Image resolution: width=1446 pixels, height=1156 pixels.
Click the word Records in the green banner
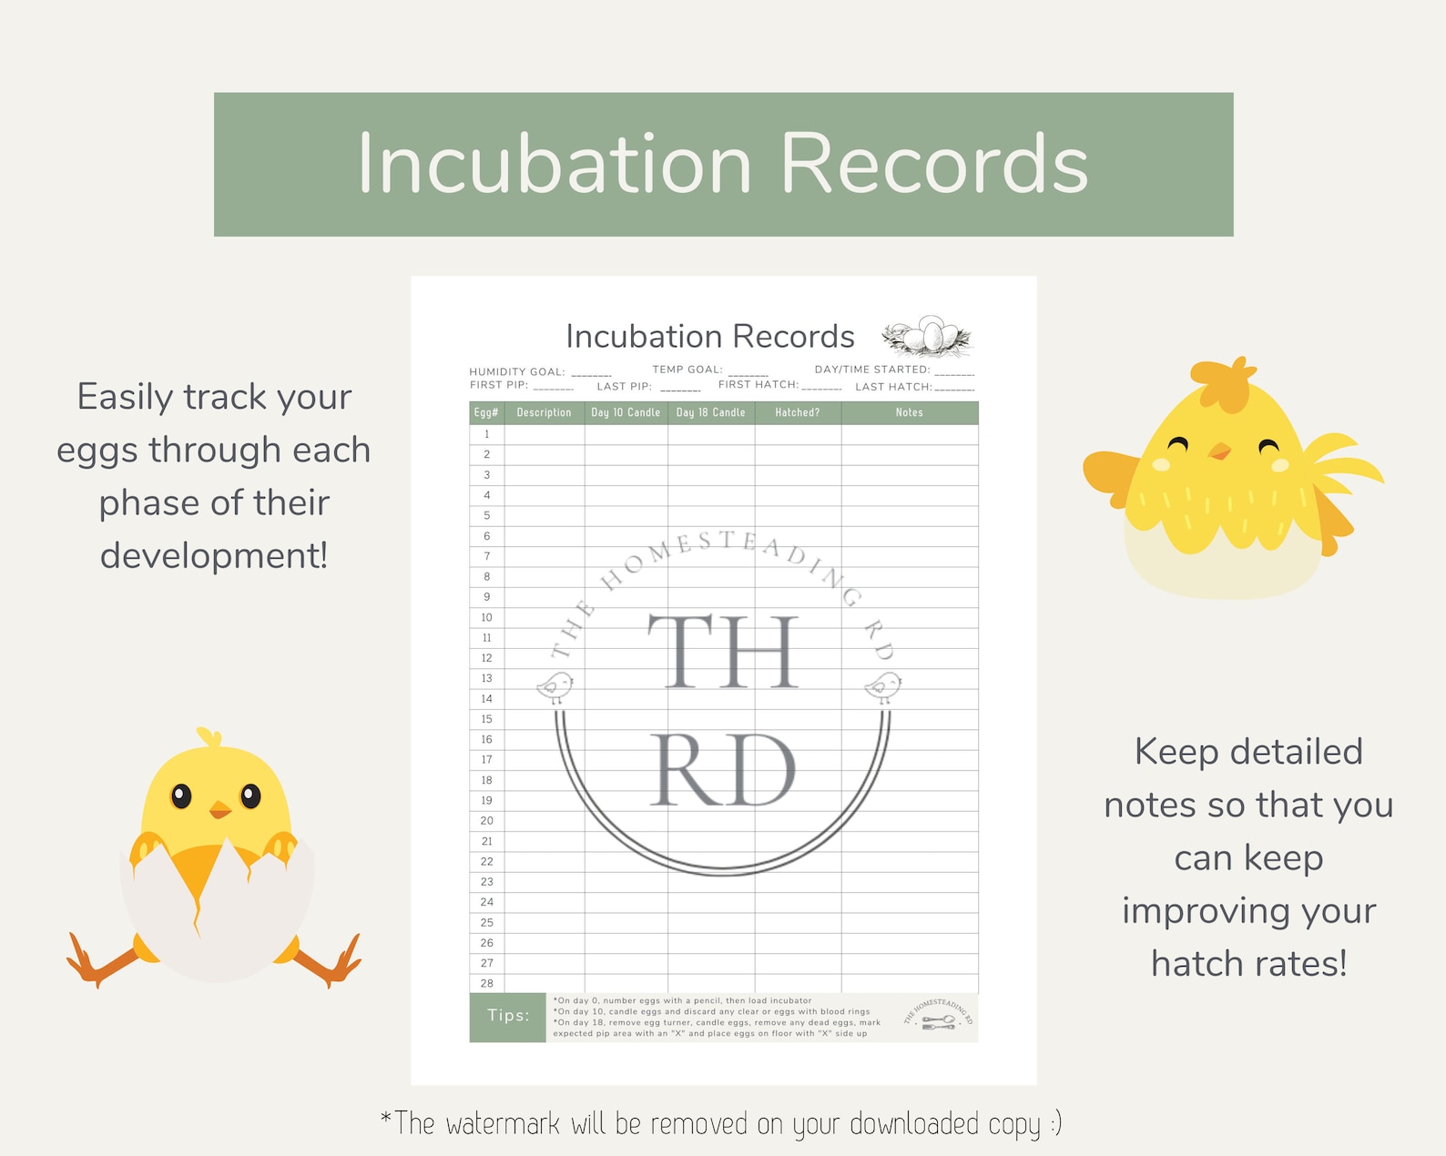[x=934, y=165]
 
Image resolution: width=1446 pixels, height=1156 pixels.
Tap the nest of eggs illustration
[x=927, y=337]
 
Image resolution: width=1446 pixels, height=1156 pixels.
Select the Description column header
[x=544, y=413]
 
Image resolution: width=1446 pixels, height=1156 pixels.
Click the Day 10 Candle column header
[x=626, y=413]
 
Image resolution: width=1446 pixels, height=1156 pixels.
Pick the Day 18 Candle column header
[x=710, y=413]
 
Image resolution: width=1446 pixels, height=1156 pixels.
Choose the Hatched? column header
[x=797, y=413]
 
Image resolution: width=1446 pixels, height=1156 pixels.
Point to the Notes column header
[x=909, y=413]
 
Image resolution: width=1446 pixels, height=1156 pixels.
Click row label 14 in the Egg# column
[x=486, y=699]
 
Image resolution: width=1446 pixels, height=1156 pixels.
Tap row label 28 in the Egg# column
[x=486, y=984]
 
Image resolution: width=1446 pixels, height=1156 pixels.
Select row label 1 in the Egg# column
[x=486, y=434]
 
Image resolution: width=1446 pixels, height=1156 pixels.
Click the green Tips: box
[x=507, y=1017]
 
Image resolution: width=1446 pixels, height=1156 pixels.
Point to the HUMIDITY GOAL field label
[x=516, y=372]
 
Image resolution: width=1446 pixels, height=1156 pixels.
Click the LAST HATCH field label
[x=892, y=387]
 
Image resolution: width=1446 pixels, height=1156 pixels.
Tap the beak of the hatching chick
[x=219, y=809]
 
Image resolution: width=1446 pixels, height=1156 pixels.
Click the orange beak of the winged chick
[x=1218, y=451]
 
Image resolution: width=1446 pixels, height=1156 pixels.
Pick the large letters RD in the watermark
[x=724, y=770]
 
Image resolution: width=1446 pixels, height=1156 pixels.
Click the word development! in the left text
[x=214, y=556]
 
